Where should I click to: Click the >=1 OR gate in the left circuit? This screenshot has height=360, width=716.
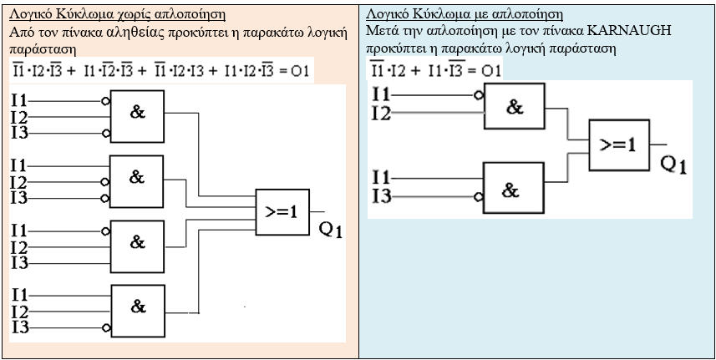[x=282, y=210]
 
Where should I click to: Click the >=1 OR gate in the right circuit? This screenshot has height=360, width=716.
[x=619, y=143]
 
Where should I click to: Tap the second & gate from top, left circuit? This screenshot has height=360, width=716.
[x=137, y=179]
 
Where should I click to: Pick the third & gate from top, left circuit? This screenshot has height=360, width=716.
[x=137, y=243]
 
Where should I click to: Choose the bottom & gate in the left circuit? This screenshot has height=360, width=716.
[x=138, y=309]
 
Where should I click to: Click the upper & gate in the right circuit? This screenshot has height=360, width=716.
[x=514, y=108]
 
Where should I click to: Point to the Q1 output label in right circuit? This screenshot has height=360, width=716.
[x=673, y=165]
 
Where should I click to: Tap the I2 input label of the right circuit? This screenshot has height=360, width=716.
[x=381, y=114]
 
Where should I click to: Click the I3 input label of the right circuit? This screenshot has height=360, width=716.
[x=381, y=197]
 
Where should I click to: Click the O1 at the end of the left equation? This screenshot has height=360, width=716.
[x=300, y=72]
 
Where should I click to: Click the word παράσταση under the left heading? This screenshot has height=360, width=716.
[x=38, y=48]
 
